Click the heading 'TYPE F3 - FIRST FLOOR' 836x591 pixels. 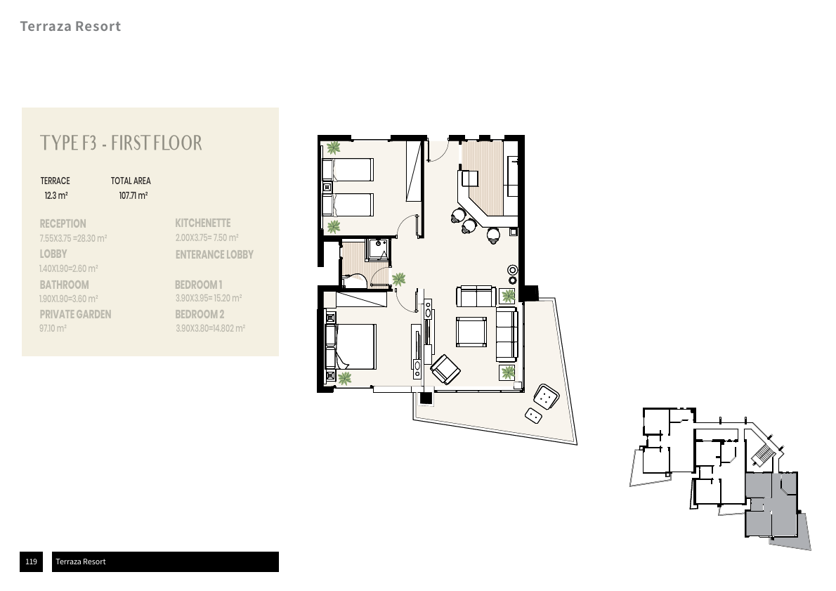tap(122, 143)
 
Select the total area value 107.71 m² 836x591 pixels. tap(133, 196)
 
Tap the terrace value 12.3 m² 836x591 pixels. tap(56, 196)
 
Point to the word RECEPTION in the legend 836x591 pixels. tap(63, 223)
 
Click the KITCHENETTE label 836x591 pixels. tap(202, 223)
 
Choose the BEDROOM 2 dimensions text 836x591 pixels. tap(210, 328)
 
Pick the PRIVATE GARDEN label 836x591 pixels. tap(75, 314)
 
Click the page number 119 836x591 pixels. tap(31, 561)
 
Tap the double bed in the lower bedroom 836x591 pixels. tap(352, 346)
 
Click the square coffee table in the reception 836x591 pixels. tap(471, 332)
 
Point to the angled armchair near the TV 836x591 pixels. tap(445, 369)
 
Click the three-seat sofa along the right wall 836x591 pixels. tap(507, 334)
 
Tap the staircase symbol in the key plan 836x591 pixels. tap(763, 455)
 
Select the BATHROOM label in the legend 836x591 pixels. tap(64, 285)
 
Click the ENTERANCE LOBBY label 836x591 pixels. tap(214, 254)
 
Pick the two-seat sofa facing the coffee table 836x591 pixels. tap(476, 297)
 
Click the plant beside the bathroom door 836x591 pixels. tap(399, 279)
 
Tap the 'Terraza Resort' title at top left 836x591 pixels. tap(70, 27)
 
